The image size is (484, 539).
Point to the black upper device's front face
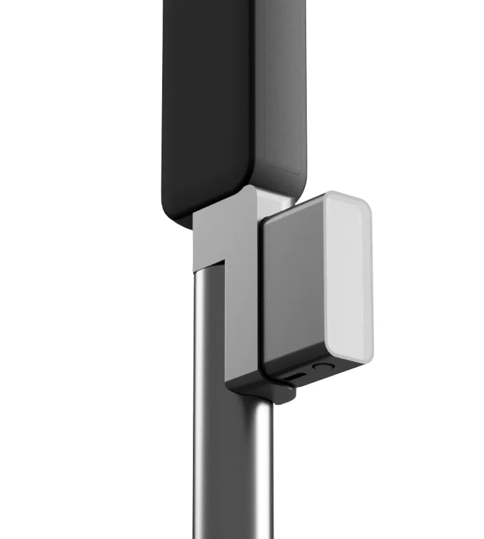(x=206, y=103)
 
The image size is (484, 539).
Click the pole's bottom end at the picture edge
(x=233, y=533)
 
